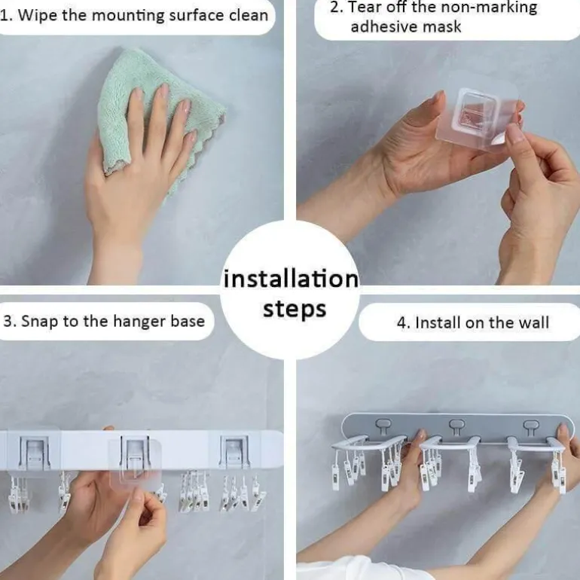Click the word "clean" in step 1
click(x=249, y=16)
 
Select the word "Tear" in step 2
click(x=365, y=7)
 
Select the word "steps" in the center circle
click(x=295, y=310)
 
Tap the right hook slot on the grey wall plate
click(x=531, y=426)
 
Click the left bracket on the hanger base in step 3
click(x=34, y=453)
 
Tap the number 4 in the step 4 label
click(x=401, y=322)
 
